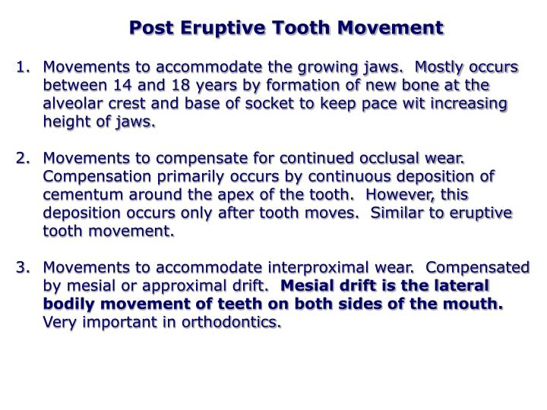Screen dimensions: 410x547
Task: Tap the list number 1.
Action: (x=21, y=68)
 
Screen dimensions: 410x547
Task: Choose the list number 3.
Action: (x=21, y=268)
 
